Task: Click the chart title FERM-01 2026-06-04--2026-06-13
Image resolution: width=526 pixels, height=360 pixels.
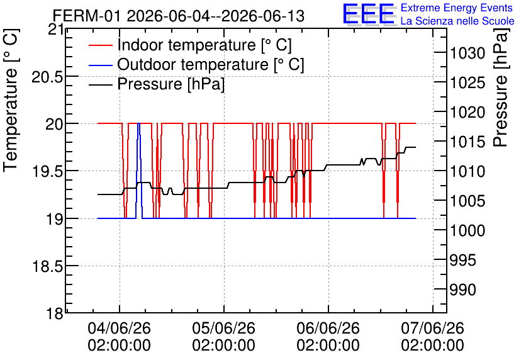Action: [179, 16]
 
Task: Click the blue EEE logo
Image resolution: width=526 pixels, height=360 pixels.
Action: [369, 14]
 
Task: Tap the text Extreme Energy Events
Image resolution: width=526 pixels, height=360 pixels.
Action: [457, 8]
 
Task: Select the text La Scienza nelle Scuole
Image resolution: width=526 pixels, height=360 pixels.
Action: [457, 21]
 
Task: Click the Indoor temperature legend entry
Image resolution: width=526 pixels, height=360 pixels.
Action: [190, 45]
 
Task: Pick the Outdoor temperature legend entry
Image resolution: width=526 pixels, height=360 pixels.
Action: [196, 64]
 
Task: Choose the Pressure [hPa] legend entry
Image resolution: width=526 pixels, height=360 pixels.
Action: [157, 84]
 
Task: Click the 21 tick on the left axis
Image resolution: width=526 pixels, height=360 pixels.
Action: [55, 30]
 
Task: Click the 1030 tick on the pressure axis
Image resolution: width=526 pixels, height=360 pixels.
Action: [467, 53]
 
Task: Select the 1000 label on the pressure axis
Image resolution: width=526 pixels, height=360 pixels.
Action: [467, 230]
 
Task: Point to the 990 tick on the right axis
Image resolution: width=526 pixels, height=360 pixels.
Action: [463, 290]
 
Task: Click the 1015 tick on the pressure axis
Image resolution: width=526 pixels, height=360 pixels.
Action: [467, 142]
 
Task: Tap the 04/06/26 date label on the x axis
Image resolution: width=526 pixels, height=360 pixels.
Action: [120, 328]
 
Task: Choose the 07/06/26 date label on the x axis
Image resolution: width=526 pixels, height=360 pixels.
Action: [433, 328]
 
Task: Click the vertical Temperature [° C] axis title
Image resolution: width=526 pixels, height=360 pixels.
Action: [11, 100]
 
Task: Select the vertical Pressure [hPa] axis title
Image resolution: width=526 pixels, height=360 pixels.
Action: [501, 87]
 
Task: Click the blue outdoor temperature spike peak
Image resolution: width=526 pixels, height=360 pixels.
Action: [138, 123]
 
